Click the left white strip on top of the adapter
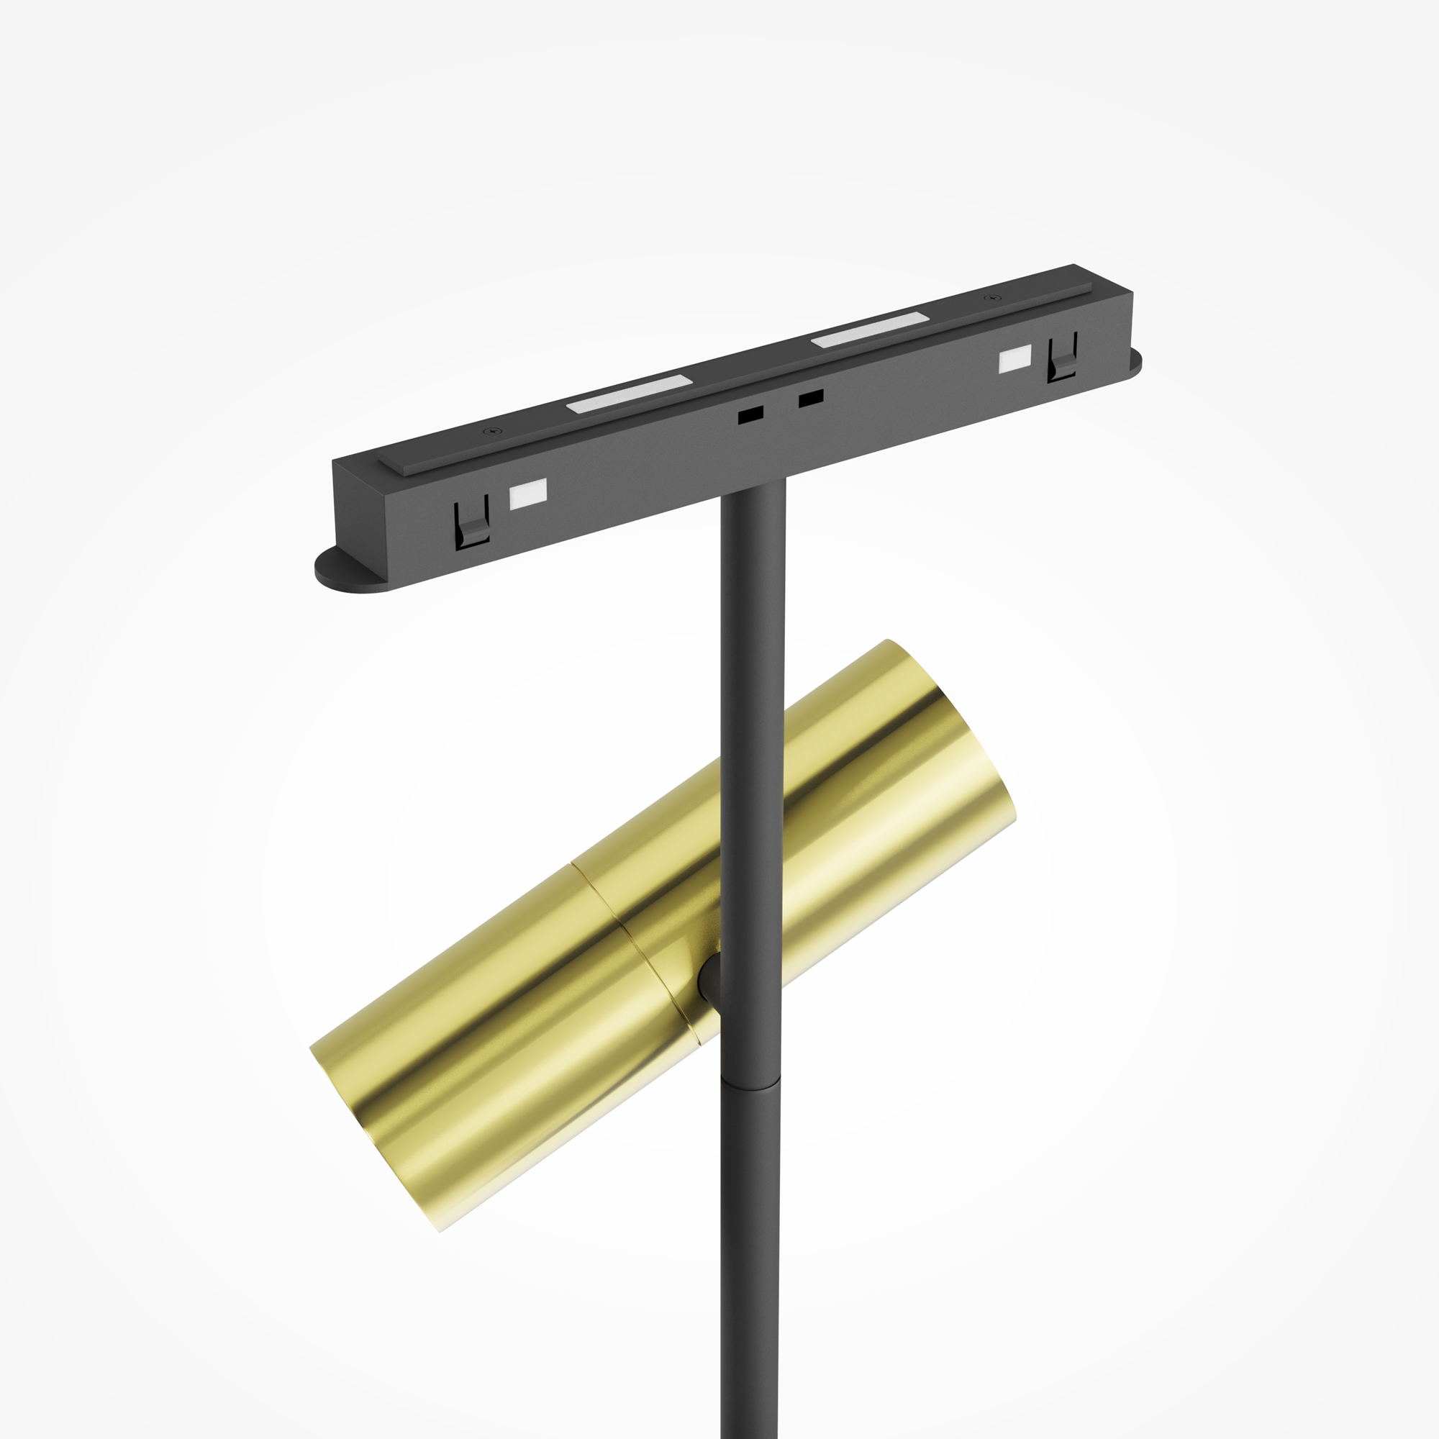click(x=630, y=394)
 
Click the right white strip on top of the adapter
click(x=870, y=330)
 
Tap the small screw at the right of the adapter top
click(x=989, y=299)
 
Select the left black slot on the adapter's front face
click(x=750, y=414)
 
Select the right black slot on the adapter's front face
click(x=810, y=399)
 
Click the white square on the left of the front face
click(x=527, y=493)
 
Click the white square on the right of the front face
click(x=1014, y=359)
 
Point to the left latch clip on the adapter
click(x=471, y=524)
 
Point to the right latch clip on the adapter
click(x=1061, y=359)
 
